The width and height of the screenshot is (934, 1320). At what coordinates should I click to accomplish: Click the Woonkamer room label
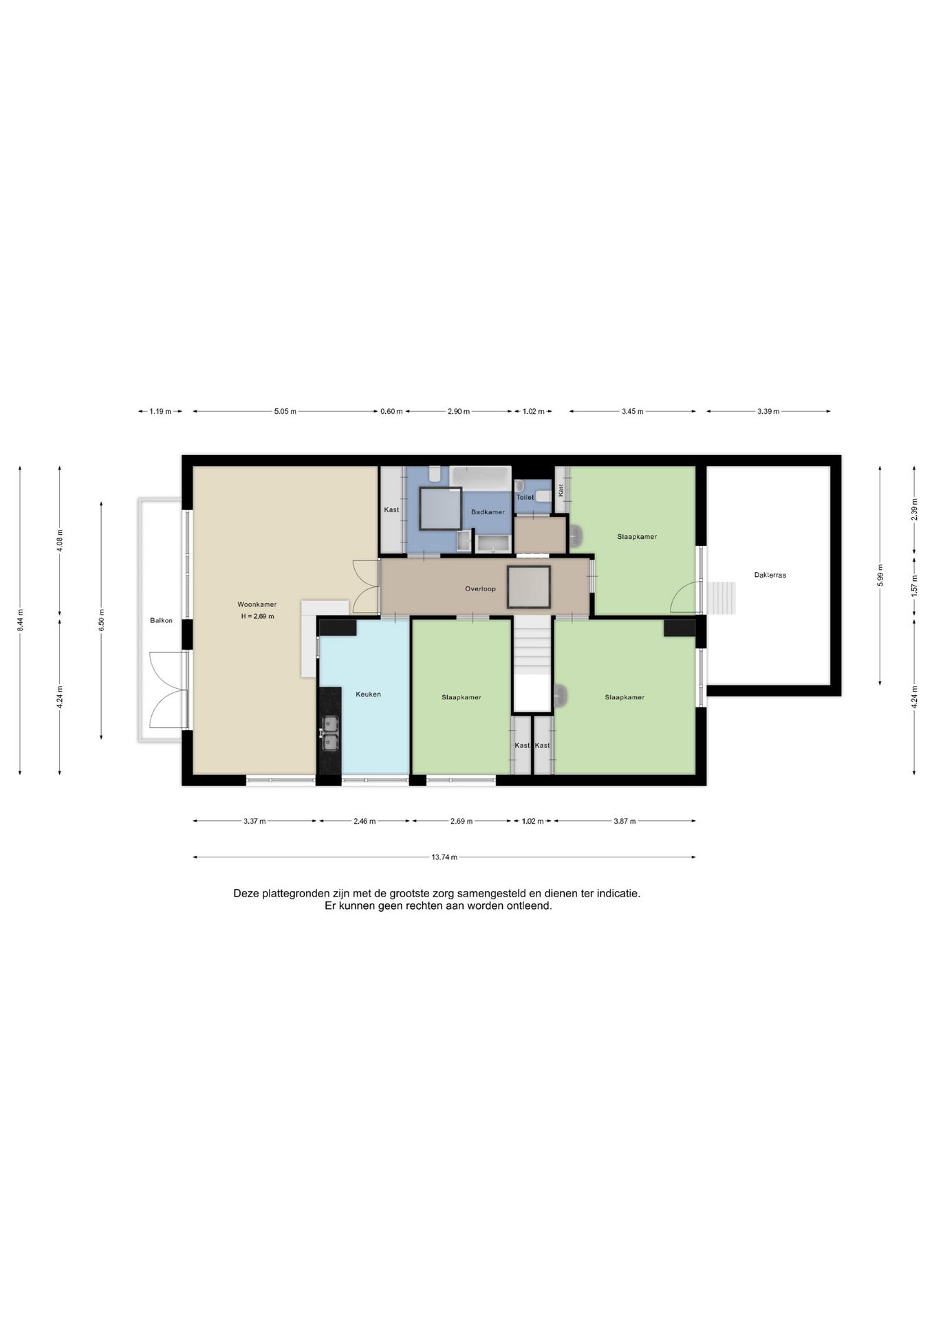click(257, 604)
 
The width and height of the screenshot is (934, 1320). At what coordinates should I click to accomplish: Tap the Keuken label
click(368, 694)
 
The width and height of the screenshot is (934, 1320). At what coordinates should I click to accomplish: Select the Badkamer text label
click(488, 512)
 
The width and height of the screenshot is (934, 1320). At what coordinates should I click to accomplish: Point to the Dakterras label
click(770, 575)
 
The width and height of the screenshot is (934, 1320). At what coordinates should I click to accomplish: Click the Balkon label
click(162, 621)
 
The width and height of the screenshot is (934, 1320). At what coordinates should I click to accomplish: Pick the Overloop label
click(480, 588)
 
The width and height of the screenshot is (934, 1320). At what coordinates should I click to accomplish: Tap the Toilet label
click(525, 497)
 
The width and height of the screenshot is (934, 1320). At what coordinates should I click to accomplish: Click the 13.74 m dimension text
click(444, 857)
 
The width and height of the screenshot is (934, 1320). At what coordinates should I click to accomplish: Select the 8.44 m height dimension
click(21, 620)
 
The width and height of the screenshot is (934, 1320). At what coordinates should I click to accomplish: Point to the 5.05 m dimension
click(285, 412)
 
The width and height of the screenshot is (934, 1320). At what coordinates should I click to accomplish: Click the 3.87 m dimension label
click(625, 821)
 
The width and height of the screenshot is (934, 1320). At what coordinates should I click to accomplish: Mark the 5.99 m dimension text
click(880, 575)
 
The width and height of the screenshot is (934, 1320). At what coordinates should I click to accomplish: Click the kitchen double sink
click(330, 733)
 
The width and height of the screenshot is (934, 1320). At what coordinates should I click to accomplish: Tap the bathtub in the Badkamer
click(481, 478)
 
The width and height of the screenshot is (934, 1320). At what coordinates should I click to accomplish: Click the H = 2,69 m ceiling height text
click(257, 617)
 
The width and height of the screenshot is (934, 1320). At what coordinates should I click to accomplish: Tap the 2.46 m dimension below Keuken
click(365, 821)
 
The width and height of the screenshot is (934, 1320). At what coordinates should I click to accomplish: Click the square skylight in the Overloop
click(529, 586)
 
